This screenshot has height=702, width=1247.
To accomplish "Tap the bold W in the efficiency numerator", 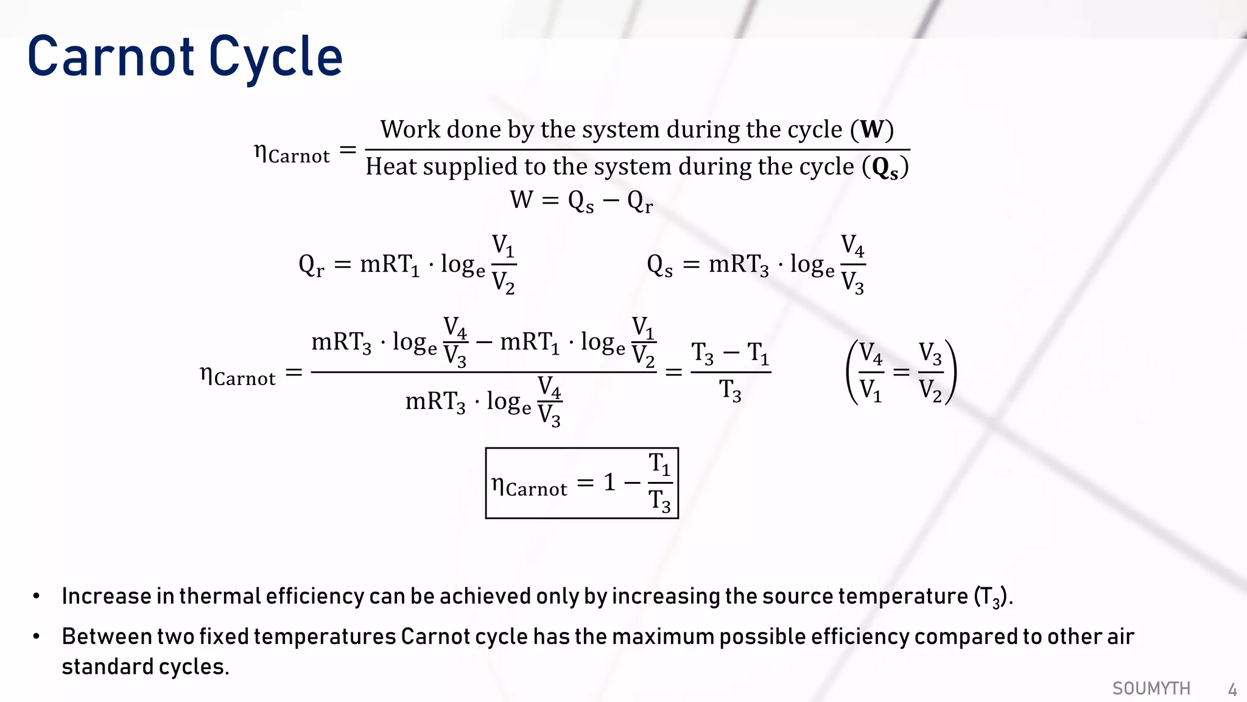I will (871, 129).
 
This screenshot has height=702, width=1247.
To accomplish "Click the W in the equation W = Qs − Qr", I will (522, 200).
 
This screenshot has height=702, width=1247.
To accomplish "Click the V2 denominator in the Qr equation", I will (504, 283).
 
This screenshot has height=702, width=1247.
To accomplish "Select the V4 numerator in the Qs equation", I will (852, 246).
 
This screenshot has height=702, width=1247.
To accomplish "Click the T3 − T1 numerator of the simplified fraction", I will (730, 353).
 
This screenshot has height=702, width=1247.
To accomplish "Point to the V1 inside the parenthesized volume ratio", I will (871, 390).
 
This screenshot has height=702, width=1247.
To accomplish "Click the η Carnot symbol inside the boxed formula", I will (529, 486).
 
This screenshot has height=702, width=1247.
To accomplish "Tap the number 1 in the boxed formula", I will (609, 483).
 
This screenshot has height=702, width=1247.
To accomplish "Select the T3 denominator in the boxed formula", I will (659, 501).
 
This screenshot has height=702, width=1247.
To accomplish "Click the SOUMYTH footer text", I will (1151, 689).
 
